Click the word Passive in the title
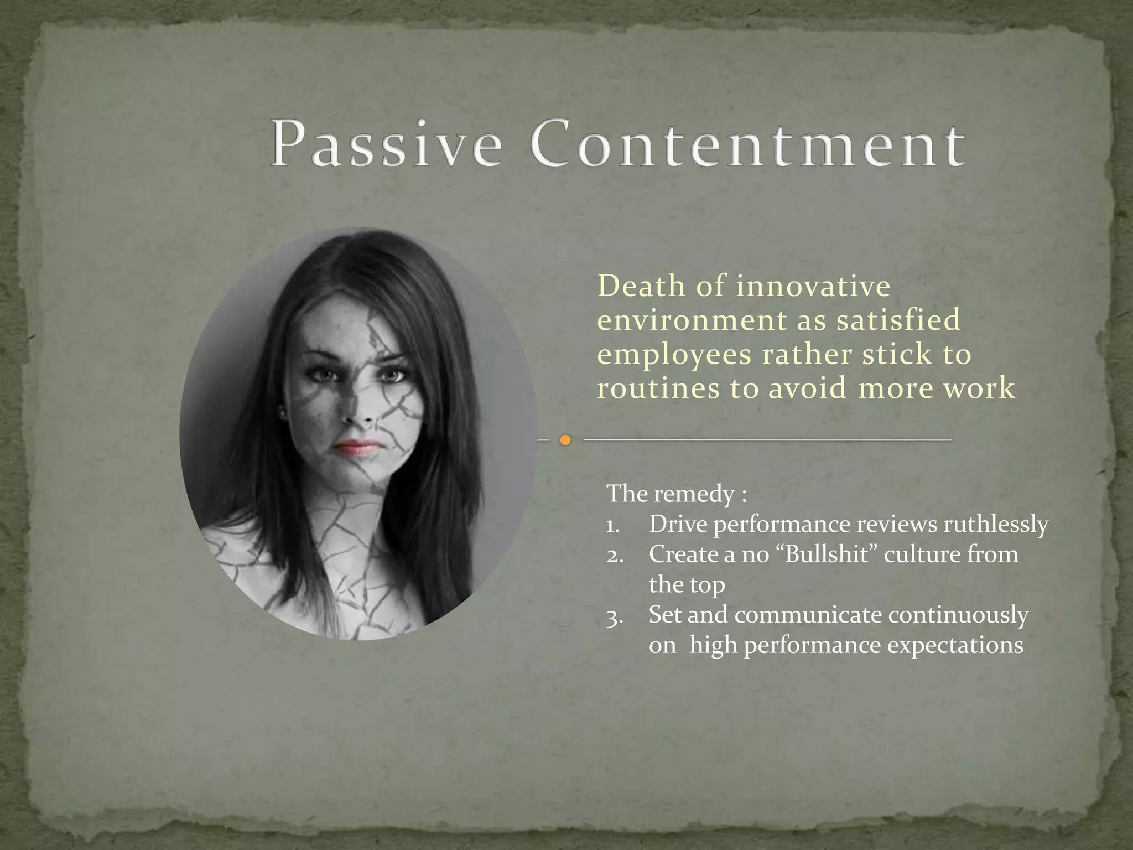coord(386,145)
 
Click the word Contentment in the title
coord(749,145)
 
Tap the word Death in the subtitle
coord(641,286)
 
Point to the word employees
coord(674,355)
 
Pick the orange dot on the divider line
coord(565,440)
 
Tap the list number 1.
coord(613,525)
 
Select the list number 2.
coord(615,555)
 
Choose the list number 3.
coord(614,616)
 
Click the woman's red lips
coord(357,447)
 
